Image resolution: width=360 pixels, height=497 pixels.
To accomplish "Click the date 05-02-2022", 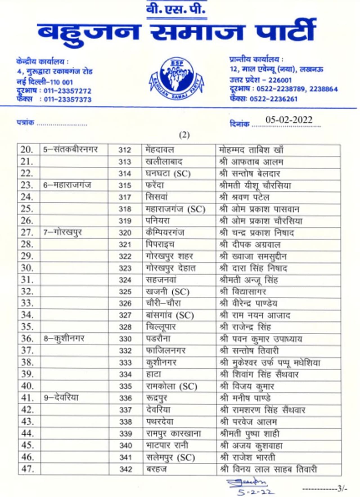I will pos(289,120).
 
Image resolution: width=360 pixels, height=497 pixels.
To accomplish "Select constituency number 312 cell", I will pos(125,150).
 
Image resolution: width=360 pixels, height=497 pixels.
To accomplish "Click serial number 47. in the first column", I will pos(27,469).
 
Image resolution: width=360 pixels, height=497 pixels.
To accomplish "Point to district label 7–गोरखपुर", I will pos(62,232).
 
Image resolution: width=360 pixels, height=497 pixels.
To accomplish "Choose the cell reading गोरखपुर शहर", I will pos(169,256).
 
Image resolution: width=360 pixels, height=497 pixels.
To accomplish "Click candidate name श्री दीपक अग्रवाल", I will pos(250,245).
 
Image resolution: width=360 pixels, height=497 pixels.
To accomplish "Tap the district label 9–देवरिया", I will pos(61,398).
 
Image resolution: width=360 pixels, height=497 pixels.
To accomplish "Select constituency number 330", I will pos(125,339).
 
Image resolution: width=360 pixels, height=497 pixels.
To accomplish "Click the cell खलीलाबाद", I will pos(164,162).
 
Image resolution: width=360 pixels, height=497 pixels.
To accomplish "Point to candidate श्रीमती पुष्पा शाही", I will pos(249,434).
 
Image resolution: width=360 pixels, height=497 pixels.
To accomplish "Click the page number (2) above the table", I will pos(184,135).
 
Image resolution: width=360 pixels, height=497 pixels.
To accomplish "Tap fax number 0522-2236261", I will pos(273,99).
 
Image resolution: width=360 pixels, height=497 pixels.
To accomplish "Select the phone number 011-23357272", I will pos(67,91).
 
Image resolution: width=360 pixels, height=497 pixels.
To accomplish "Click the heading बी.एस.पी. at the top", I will pos(176,9).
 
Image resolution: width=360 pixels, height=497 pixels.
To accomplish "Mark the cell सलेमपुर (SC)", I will pos(170,457).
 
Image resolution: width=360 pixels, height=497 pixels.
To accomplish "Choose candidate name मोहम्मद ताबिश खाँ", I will pos(251,150).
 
